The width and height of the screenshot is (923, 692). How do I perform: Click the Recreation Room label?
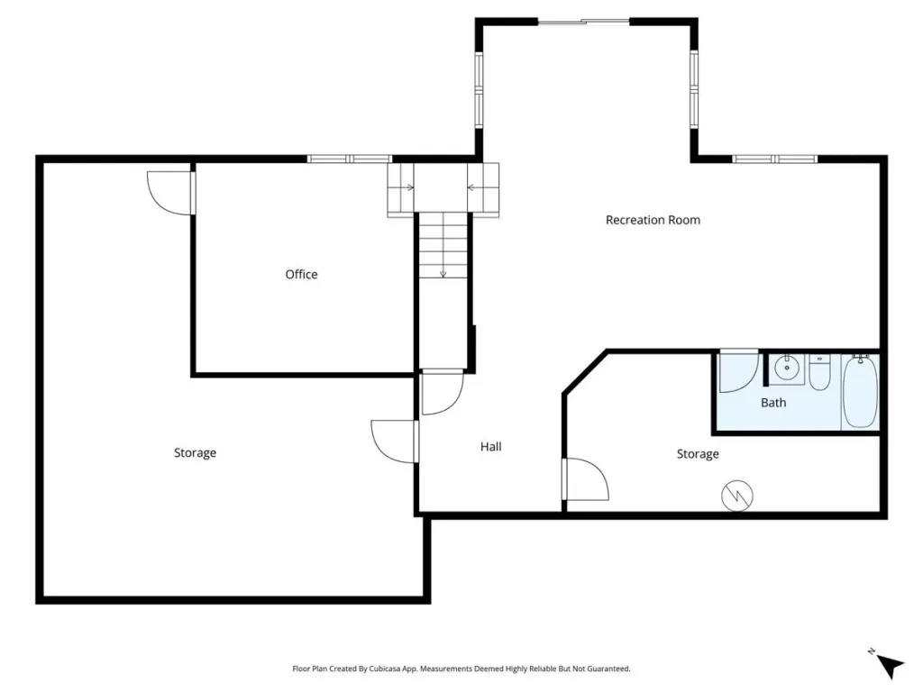coord(653,220)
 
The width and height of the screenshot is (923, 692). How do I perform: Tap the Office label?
coord(301,274)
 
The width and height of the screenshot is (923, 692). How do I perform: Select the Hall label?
coord(491,447)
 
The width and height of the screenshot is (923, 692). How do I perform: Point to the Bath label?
coord(773,403)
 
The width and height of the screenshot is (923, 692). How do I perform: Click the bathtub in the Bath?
coord(860,391)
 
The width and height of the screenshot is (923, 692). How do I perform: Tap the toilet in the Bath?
coord(819,372)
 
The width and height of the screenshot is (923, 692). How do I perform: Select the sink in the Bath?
coord(786,369)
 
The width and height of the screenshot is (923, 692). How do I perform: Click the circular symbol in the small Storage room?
coord(737,496)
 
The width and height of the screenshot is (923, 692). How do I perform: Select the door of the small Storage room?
coord(586,479)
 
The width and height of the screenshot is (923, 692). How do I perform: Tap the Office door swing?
coord(170,193)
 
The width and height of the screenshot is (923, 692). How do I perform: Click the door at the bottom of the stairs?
coord(443,392)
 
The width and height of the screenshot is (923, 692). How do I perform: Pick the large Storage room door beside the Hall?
coord(395,442)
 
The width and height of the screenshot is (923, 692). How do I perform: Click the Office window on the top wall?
coord(350,159)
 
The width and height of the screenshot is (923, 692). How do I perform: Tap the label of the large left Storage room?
coord(195,452)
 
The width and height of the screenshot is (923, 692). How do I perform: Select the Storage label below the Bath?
coord(698,454)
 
